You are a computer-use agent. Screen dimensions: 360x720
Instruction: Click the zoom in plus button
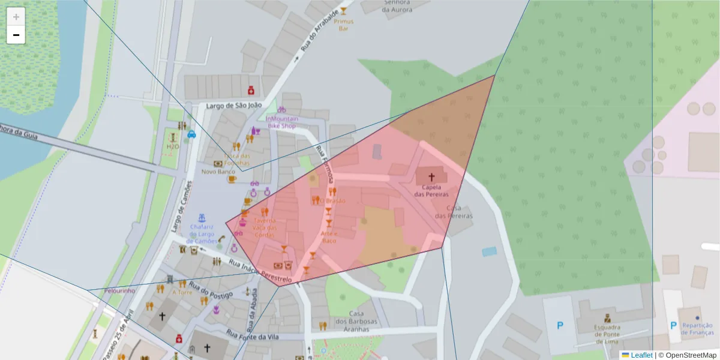click(16, 17)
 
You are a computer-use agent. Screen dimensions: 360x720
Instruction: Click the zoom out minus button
click(16, 35)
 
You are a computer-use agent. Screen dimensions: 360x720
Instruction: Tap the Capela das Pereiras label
click(431, 191)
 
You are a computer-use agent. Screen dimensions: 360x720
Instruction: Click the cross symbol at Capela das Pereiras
click(431, 177)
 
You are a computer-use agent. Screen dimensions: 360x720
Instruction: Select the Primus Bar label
click(344, 25)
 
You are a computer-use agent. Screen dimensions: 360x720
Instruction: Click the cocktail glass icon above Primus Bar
click(344, 11)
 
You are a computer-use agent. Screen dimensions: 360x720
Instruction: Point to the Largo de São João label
click(234, 106)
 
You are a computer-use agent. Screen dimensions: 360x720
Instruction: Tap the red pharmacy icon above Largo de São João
click(251, 90)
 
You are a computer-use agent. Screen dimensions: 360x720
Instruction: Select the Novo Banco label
click(218, 172)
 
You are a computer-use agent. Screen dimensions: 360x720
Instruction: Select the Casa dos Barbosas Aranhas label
click(356, 321)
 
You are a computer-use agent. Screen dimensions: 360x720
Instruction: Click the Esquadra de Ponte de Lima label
click(607, 334)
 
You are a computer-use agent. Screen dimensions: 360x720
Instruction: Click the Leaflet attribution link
click(641, 355)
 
